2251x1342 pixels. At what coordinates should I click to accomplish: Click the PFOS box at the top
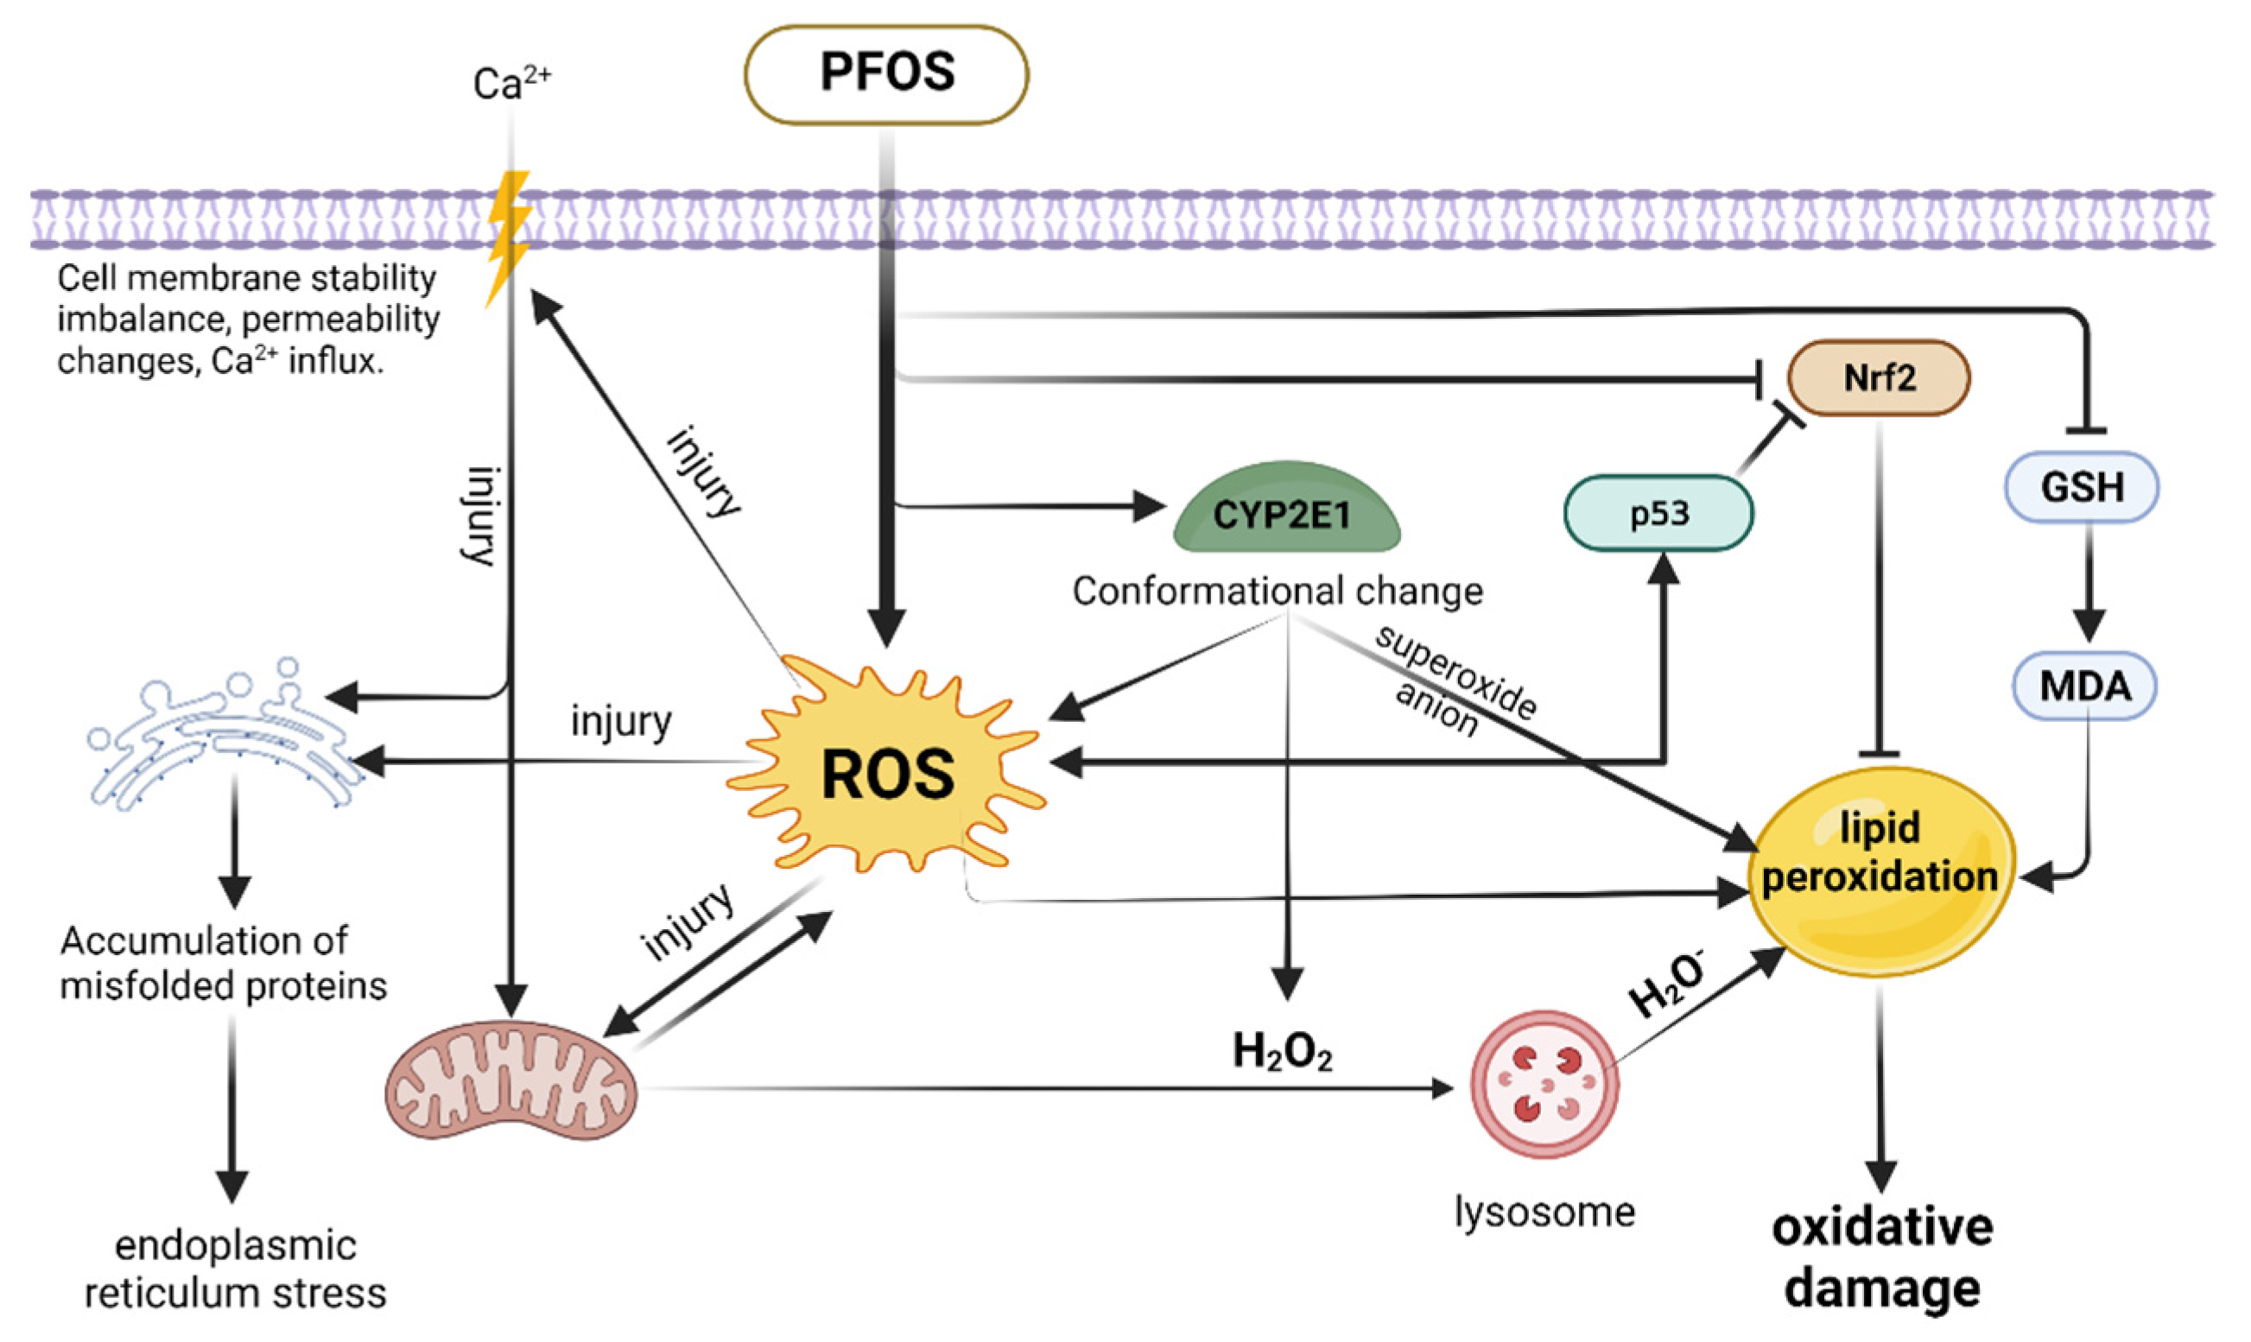coord(885,74)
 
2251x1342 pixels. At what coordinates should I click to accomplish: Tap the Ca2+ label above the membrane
coord(511,84)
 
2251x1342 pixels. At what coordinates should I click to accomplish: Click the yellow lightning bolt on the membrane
coord(507,237)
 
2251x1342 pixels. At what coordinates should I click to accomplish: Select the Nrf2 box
coord(1879,378)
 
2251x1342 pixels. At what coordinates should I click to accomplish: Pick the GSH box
coord(2081,487)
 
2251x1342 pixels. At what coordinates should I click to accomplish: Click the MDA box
coord(2083,687)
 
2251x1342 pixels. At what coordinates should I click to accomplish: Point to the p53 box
coord(1658,514)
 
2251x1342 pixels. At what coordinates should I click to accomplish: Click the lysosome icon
coord(1544,1084)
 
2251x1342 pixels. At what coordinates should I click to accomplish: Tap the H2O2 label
coord(1283,1052)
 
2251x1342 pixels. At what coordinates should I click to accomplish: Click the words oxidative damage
coord(1882,1257)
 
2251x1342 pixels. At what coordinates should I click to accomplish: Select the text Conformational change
coord(1277,592)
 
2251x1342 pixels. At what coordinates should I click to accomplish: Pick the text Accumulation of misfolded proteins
coord(223,963)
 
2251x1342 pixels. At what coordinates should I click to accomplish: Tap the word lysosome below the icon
coord(1544,1211)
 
